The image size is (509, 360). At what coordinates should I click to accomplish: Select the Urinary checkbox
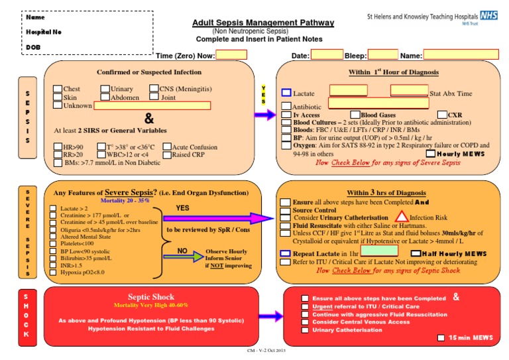tap(105, 88)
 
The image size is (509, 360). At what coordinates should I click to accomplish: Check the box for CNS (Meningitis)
tap(154, 88)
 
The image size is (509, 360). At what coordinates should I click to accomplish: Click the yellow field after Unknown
tap(152, 105)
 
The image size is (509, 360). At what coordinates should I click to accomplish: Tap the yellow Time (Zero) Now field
tap(231, 56)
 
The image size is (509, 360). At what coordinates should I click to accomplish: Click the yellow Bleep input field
tap(382, 56)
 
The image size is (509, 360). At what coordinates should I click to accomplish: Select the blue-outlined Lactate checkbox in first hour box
tap(286, 93)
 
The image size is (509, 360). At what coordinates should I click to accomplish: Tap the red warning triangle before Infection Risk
tap(401, 217)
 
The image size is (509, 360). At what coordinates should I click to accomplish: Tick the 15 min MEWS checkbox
tap(441, 338)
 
